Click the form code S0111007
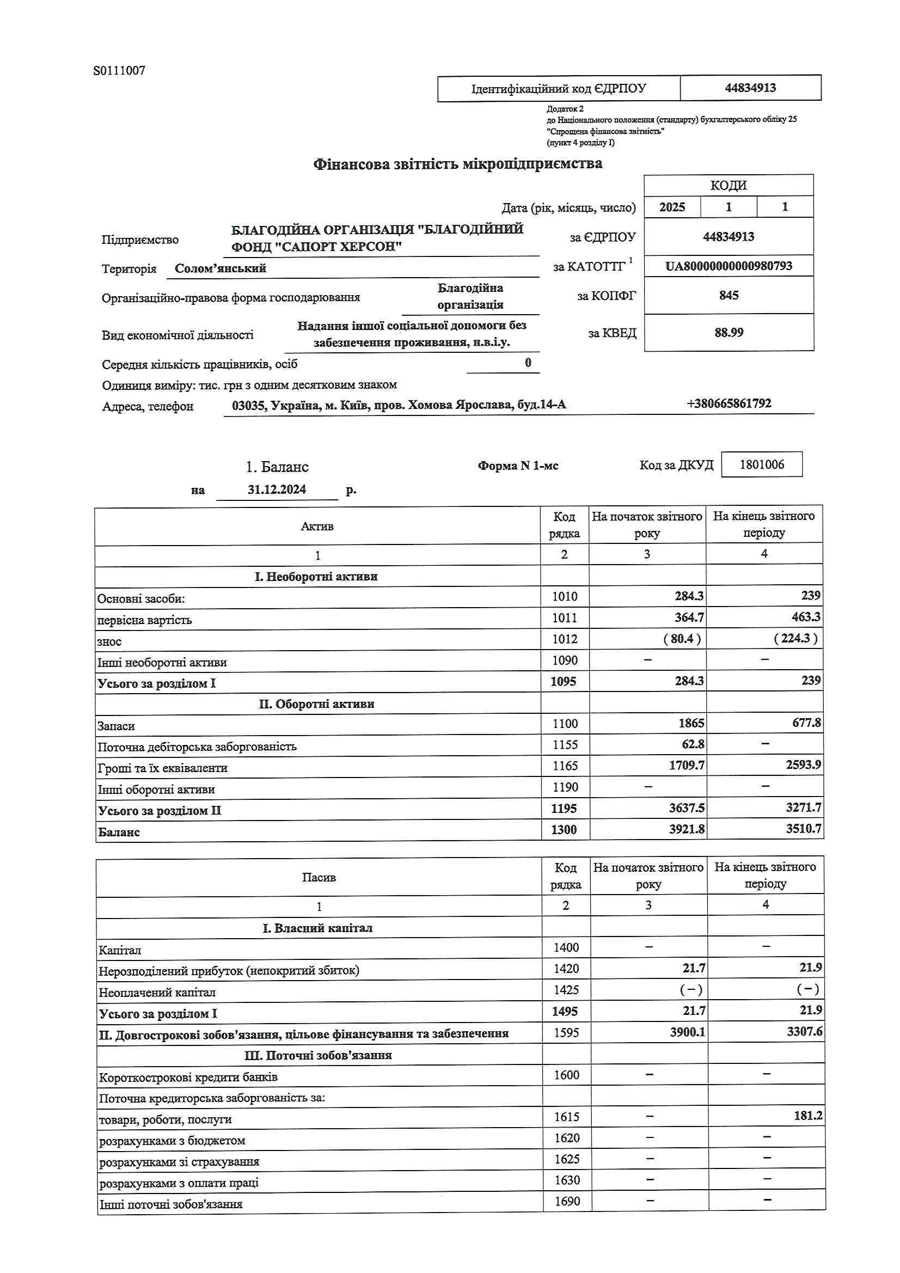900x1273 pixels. [x=119, y=70]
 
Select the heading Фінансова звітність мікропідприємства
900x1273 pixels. [x=457, y=164]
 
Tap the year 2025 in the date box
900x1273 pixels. [x=672, y=207]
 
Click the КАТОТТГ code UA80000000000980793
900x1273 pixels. [x=728, y=266]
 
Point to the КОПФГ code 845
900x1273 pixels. [x=728, y=295]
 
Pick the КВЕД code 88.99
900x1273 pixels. [x=728, y=333]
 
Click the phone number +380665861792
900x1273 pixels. [x=728, y=403]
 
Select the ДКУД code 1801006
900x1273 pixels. [x=761, y=464]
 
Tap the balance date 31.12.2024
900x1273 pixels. [x=277, y=489]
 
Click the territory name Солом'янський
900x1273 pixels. [x=221, y=269]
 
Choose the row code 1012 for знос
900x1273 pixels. [x=565, y=639]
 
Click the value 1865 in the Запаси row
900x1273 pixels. [x=690, y=724]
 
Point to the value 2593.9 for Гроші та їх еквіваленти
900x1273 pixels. [x=803, y=766]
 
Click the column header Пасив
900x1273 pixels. [x=319, y=878]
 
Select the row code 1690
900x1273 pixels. [x=567, y=1201]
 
